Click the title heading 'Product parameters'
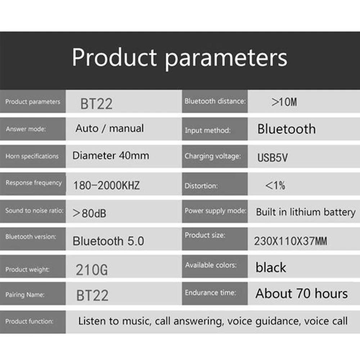tap(180, 58)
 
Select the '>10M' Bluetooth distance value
tap(284, 102)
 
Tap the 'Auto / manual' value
tap(109, 129)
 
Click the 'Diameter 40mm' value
tap(111, 156)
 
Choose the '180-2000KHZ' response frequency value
tap(106, 185)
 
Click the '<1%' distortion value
tap(275, 185)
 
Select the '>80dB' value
tap(89, 213)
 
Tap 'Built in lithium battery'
tap(305, 212)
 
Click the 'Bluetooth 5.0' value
tap(108, 241)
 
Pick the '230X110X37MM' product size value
tap(291, 241)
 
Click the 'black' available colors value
tap(271, 267)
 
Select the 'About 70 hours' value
tap(302, 294)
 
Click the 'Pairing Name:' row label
tap(25, 295)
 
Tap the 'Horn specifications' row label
tap(32, 156)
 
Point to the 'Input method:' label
tap(207, 130)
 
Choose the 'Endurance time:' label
tap(210, 293)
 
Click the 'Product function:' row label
tap(29, 321)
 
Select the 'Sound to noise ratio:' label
tap(34, 211)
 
